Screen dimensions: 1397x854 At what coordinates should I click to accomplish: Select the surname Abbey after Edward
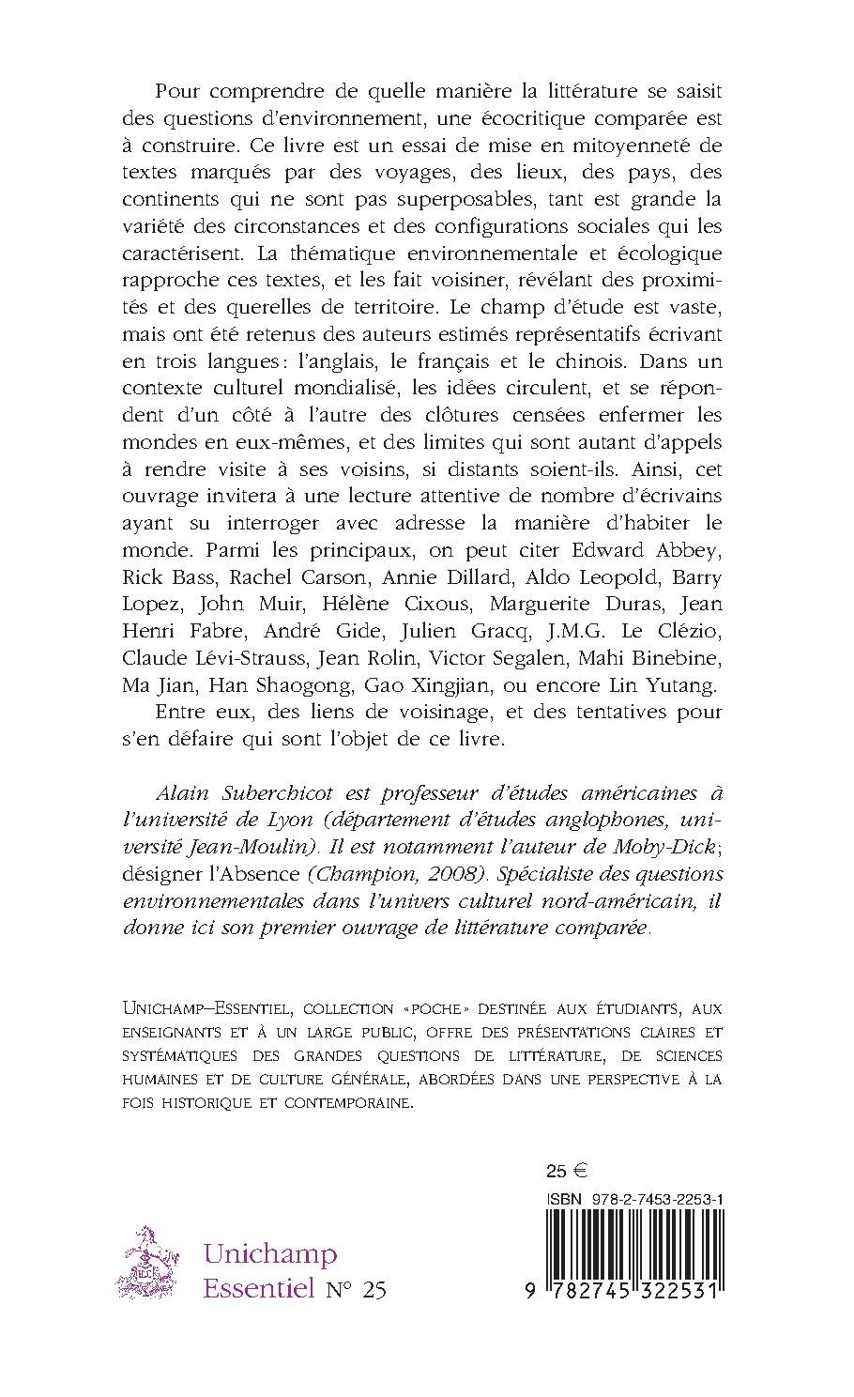(x=688, y=549)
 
